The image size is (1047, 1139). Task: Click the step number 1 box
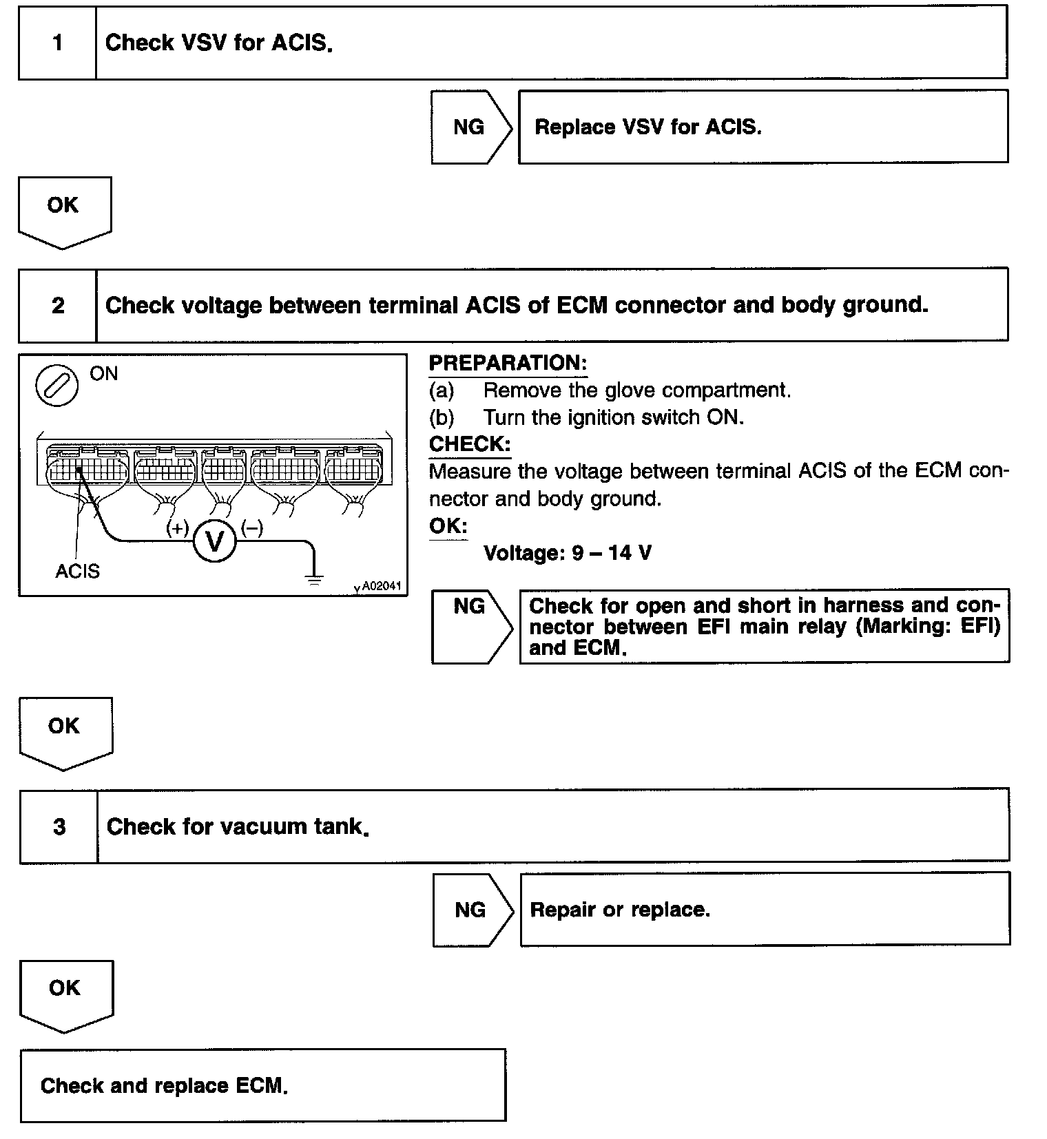(57, 43)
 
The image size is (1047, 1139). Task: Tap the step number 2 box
(58, 305)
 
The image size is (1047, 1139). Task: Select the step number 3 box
(59, 826)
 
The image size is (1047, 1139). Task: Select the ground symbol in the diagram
(314, 578)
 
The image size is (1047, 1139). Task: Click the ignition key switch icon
(57, 385)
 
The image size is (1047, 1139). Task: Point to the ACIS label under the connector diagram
(77, 572)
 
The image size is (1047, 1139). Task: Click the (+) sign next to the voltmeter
(178, 529)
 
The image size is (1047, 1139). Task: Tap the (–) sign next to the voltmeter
(252, 529)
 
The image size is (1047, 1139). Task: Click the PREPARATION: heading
(508, 363)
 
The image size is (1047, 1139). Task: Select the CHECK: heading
(470, 444)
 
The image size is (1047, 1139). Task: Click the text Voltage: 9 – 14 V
(568, 553)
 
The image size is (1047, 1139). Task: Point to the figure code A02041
(381, 586)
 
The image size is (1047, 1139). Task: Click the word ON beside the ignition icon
(104, 374)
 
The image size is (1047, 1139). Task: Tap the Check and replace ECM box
(262, 1086)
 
